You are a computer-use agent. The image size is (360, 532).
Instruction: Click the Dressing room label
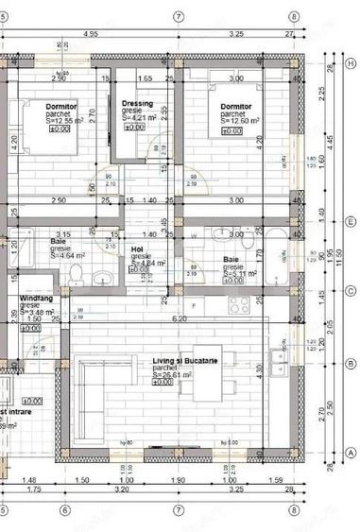pyautogui.click(x=139, y=103)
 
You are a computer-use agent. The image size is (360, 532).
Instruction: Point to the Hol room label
pyautogui.click(x=137, y=249)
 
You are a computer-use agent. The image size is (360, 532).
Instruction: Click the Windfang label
pyautogui.click(x=37, y=299)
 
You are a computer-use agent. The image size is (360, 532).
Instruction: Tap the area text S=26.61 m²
pyautogui.click(x=180, y=375)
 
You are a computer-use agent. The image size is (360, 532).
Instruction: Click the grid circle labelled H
pyautogui.click(x=351, y=63)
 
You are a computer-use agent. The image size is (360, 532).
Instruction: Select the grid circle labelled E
pyautogui.click(x=351, y=223)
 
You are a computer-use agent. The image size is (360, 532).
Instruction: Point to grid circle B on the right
pyautogui.click(x=351, y=363)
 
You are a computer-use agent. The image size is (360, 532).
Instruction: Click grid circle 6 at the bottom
pyautogui.click(x=63, y=511)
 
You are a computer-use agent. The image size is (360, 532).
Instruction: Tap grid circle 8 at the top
pyautogui.click(x=295, y=16)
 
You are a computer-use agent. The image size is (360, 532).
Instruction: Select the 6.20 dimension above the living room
pyautogui.click(x=179, y=319)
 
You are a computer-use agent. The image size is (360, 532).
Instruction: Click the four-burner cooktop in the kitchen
pyautogui.click(x=238, y=304)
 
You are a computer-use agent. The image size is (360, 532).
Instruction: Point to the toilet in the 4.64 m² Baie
pyautogui.click(x=77, y=275)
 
